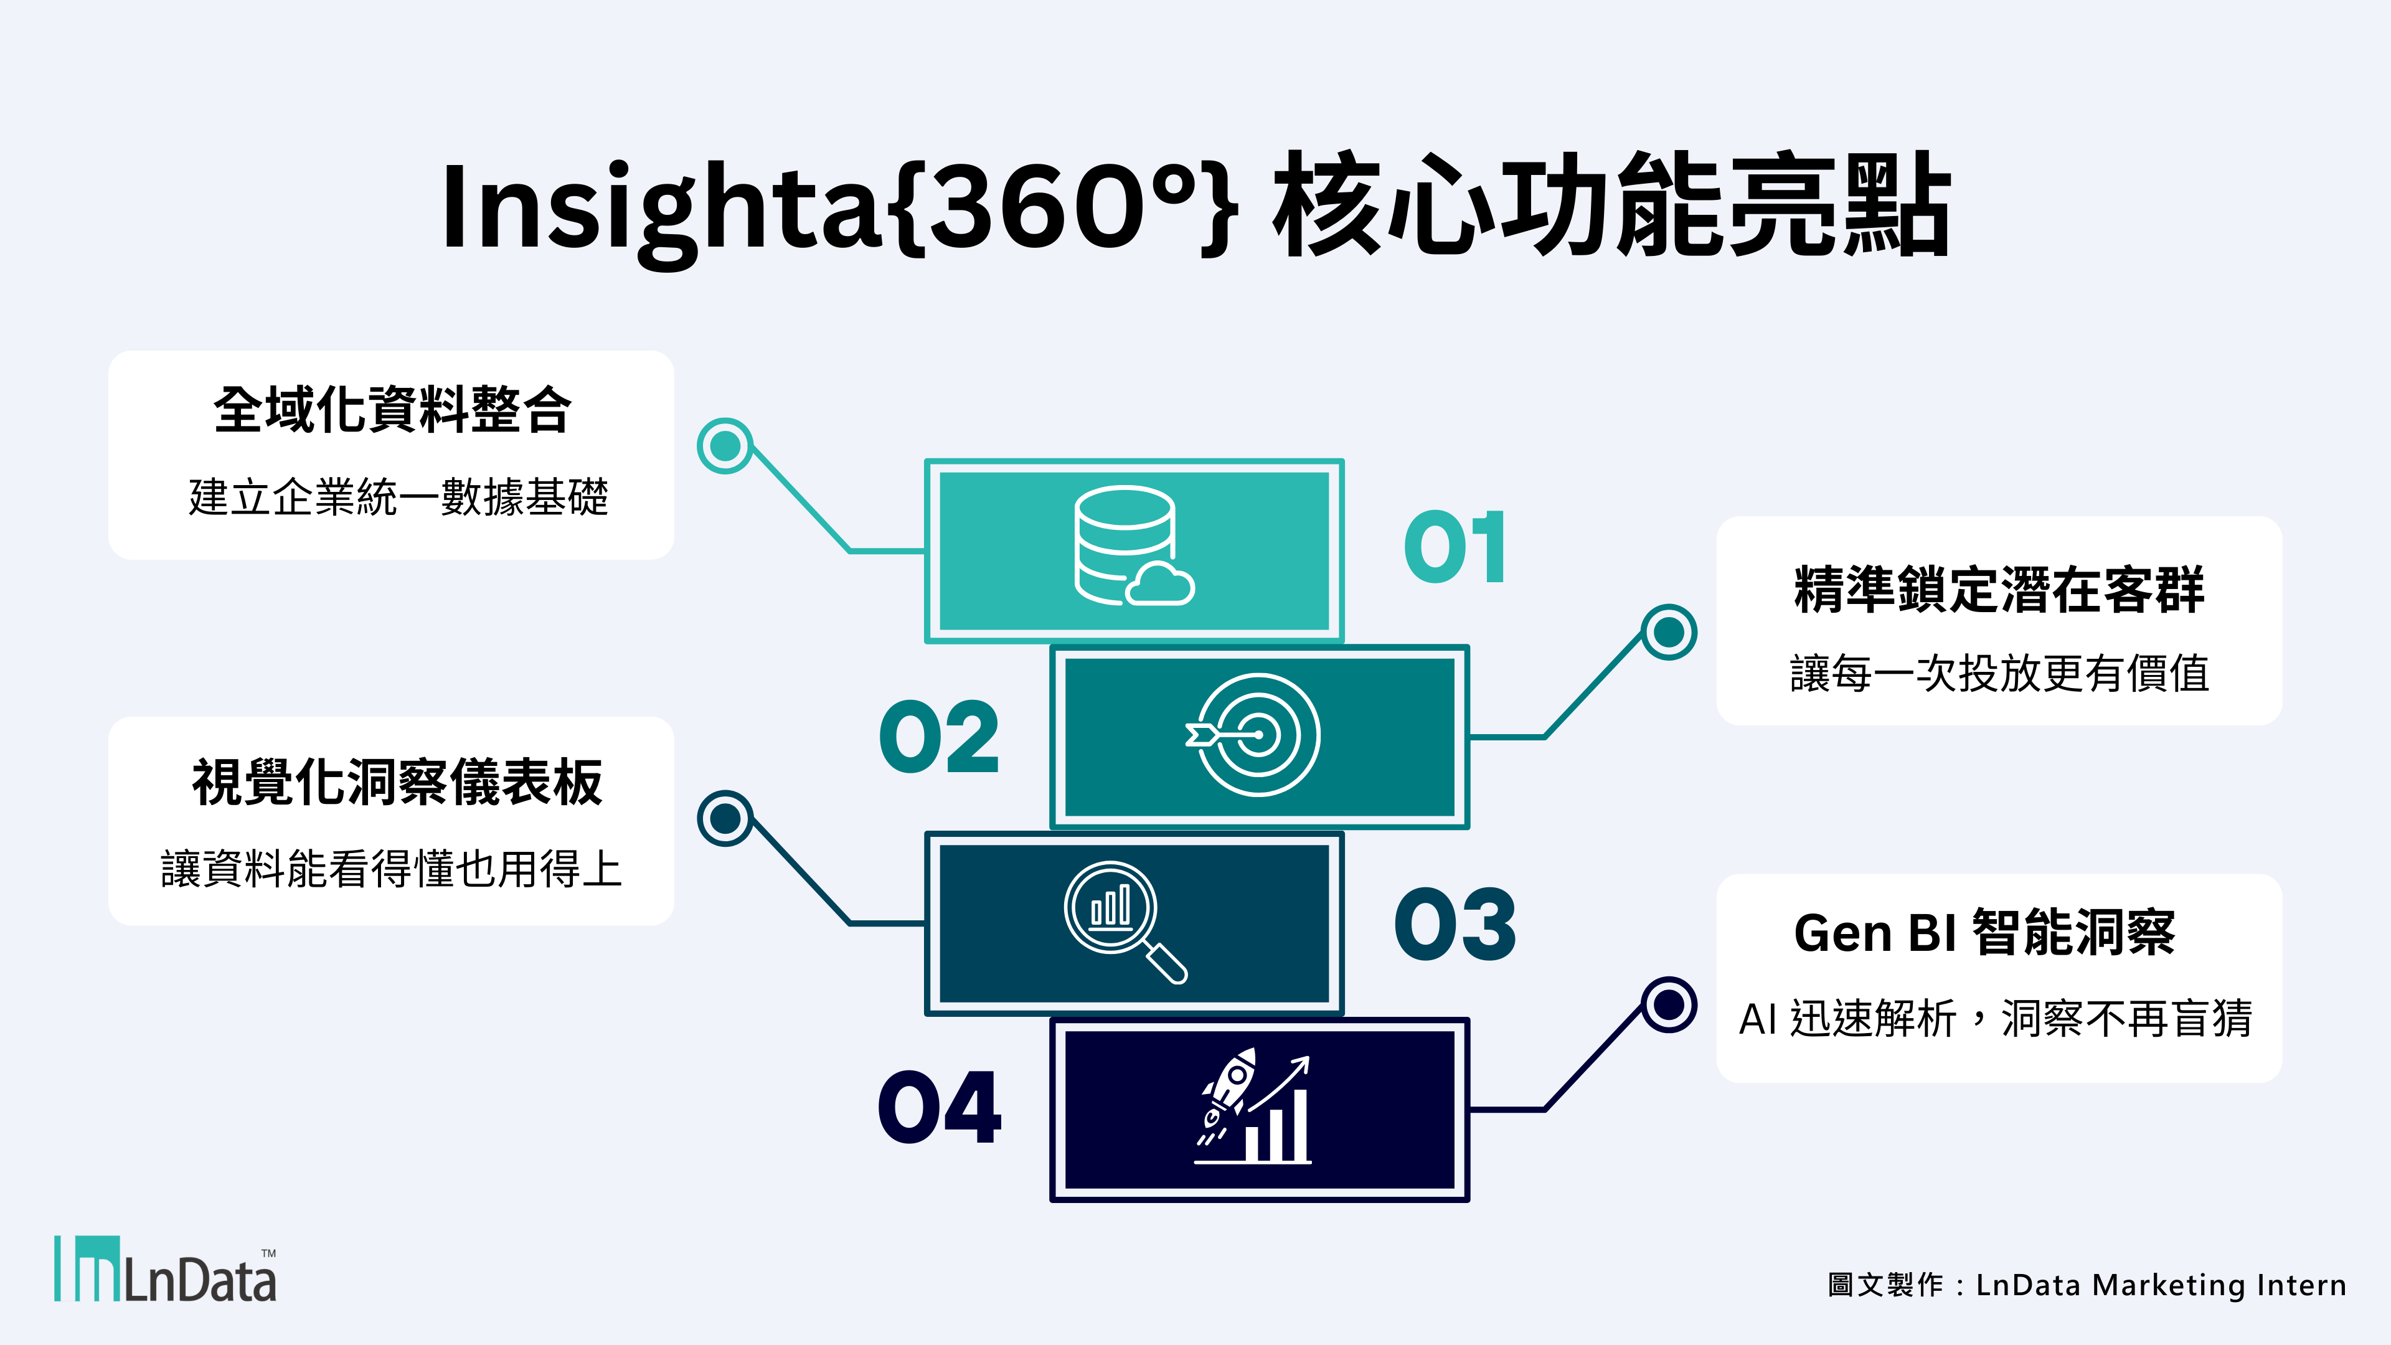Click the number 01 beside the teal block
(x=1455, y=548)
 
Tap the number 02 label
(x=940, y=737)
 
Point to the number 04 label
(x=940, y=1107)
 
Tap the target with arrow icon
(x=1253, y=735)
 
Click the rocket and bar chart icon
(x=1253, y=1107)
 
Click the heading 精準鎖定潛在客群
(x=1999, y=590)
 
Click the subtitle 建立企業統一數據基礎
(x=398, y=497)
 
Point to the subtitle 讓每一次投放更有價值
(x=1999, y=673)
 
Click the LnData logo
(x=165, y=1269)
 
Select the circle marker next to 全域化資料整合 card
(x=725, y=446)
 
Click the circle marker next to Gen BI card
(x=1669, y=1004)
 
